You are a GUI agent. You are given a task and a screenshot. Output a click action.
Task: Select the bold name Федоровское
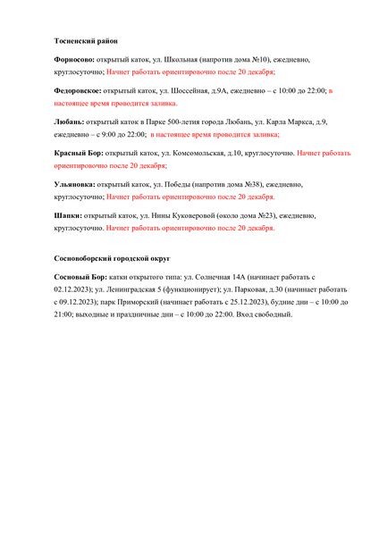pos(77,90)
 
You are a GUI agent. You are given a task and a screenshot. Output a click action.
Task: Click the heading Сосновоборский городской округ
pos(112,258)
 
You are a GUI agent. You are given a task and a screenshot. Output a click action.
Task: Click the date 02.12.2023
pos(74,291)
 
